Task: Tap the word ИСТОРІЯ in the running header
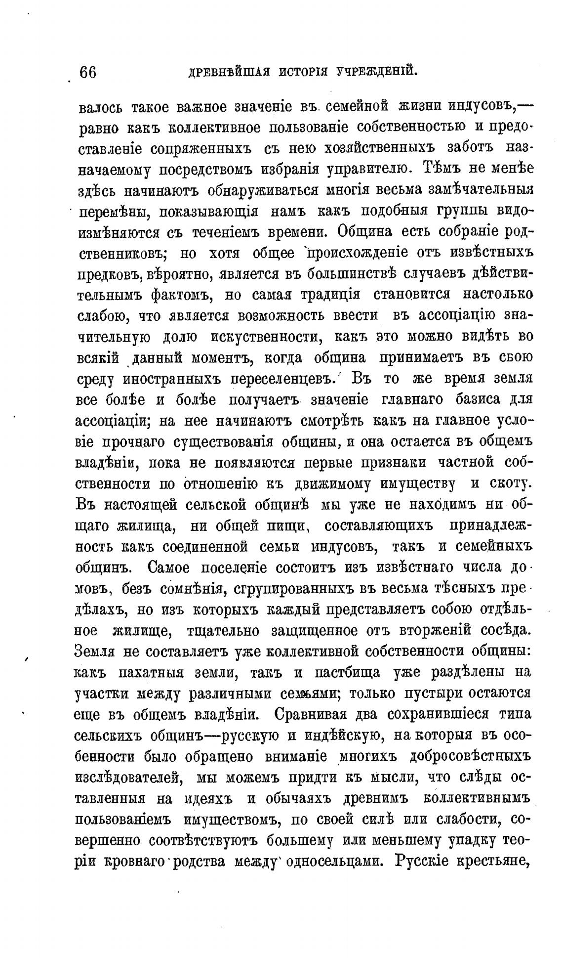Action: click(303, 72)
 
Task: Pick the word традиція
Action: click(327, 295)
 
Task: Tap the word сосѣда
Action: click(507, 630)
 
